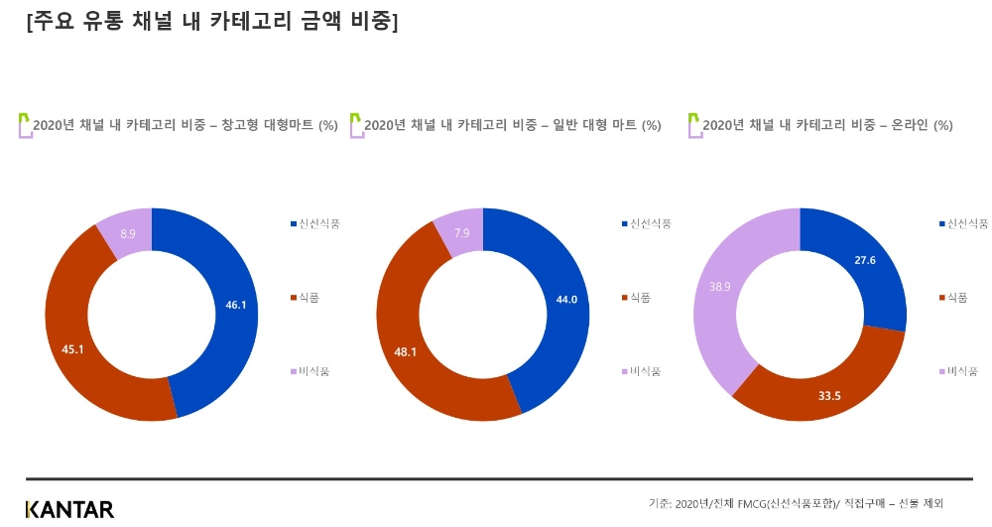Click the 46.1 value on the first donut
[x=235, y=305]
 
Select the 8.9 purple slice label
[x=128, y=233]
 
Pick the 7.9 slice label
[x=461, y=233]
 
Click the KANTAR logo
[x=69, y=509]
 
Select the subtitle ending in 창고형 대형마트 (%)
[x=186, y=125]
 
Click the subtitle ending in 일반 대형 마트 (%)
[x=512, y=125]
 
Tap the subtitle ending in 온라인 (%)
[x=827, y=125]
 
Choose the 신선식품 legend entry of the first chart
[x=317, y=223]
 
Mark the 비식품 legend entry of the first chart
[x=312, y=371]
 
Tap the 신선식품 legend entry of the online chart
[x=967, y=223]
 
